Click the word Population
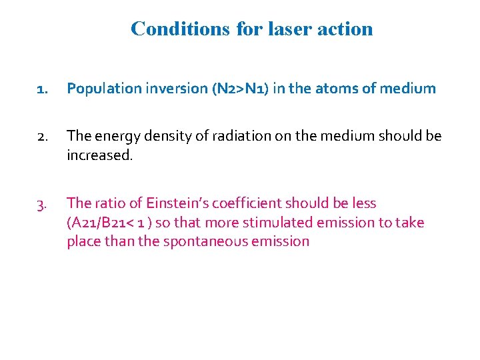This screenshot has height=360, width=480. coord(101,89)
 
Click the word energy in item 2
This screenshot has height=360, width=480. coord(114,136)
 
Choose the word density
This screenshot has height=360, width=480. coord(164,136)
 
